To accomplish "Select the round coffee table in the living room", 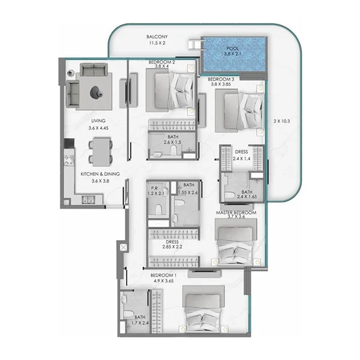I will click(x=96, y=92).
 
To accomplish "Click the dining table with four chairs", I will click(x=100, y=151).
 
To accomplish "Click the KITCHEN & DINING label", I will click(x=100, y=174).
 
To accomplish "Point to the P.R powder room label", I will click(x=155, y=185).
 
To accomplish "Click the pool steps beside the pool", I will click(x=194, y=45).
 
